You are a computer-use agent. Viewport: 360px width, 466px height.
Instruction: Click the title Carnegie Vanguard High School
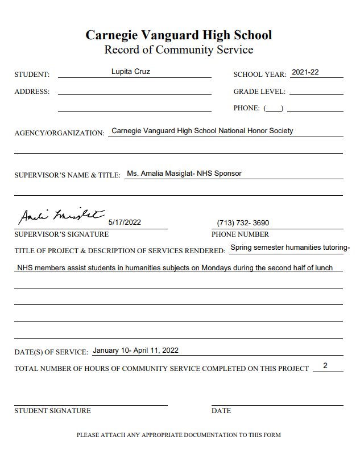pyautogui.click(x=179, y=35)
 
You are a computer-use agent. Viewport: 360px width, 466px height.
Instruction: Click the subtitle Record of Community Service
pyautogui.click(x=179, y=50)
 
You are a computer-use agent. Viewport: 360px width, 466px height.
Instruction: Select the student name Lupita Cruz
pyautogui.click(x=130, y=72)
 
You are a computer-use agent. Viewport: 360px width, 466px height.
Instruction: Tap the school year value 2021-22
pyautogui.click(x=305, y=72)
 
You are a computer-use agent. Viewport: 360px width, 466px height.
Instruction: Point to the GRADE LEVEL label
pyautogui.click(x=259, y=92)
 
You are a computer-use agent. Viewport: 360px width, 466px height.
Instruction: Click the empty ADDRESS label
pyautogui.click(x=32, y=92)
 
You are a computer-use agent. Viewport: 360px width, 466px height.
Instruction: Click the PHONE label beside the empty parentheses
pyautogui.click(x=246, y=108)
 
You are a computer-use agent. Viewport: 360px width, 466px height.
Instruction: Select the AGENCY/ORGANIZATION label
pyautogui.click(x=59, y=133)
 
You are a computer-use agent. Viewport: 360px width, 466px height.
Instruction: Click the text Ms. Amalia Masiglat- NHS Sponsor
pyautogui.click(x=184, y=174)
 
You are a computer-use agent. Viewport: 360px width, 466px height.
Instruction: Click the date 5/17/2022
pyautogui.click(x=124, y=222)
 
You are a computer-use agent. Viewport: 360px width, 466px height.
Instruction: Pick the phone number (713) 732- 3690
pyautogui.click(x=243, y=223)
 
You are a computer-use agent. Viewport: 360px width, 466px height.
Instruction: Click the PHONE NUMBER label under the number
pyautogui.click(x=240, y=234)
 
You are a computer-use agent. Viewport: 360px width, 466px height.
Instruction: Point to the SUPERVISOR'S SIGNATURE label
pyautogui.click(x=61, y=234)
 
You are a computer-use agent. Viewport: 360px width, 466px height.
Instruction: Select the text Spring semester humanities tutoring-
pyautogui.click(x=290, y=248)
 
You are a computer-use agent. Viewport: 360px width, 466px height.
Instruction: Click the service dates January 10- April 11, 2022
pyautogui.click(x=135, y=350)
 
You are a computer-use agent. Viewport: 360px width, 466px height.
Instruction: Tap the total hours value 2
pyautogui.click(x=325, y=366)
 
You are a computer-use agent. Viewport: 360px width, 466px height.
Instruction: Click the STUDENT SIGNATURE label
pyautogui.click(x=52, y=411)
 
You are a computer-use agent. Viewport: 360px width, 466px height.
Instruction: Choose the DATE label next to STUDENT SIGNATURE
pyautogui.click(x=221, y=411)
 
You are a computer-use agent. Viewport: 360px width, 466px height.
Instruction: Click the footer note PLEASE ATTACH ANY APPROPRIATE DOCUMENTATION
pyautogui.click(x=179, y=435)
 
